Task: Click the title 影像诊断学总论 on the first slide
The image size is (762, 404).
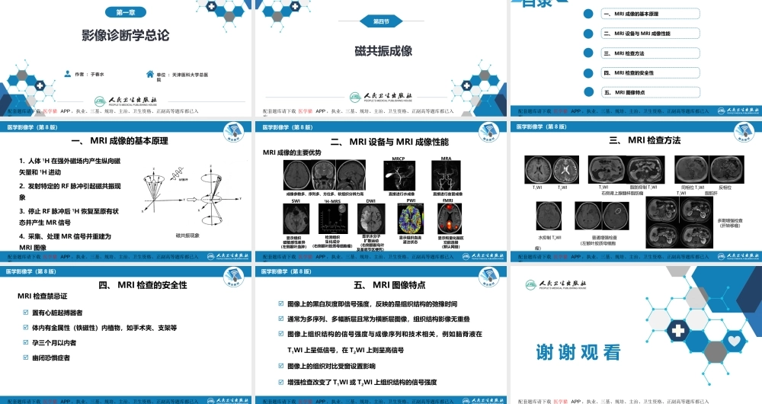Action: (126, 35)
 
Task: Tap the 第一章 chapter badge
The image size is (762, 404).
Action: (126, 11)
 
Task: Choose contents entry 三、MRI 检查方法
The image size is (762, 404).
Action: (624, 53)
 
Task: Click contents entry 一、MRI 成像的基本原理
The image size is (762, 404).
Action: (631, 14)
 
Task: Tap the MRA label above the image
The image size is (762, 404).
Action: (447, 159)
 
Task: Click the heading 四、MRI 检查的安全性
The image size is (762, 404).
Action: (142, 285)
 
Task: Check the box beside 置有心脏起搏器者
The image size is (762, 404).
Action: (27, 313)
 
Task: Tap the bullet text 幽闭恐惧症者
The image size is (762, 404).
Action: (51, 358)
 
